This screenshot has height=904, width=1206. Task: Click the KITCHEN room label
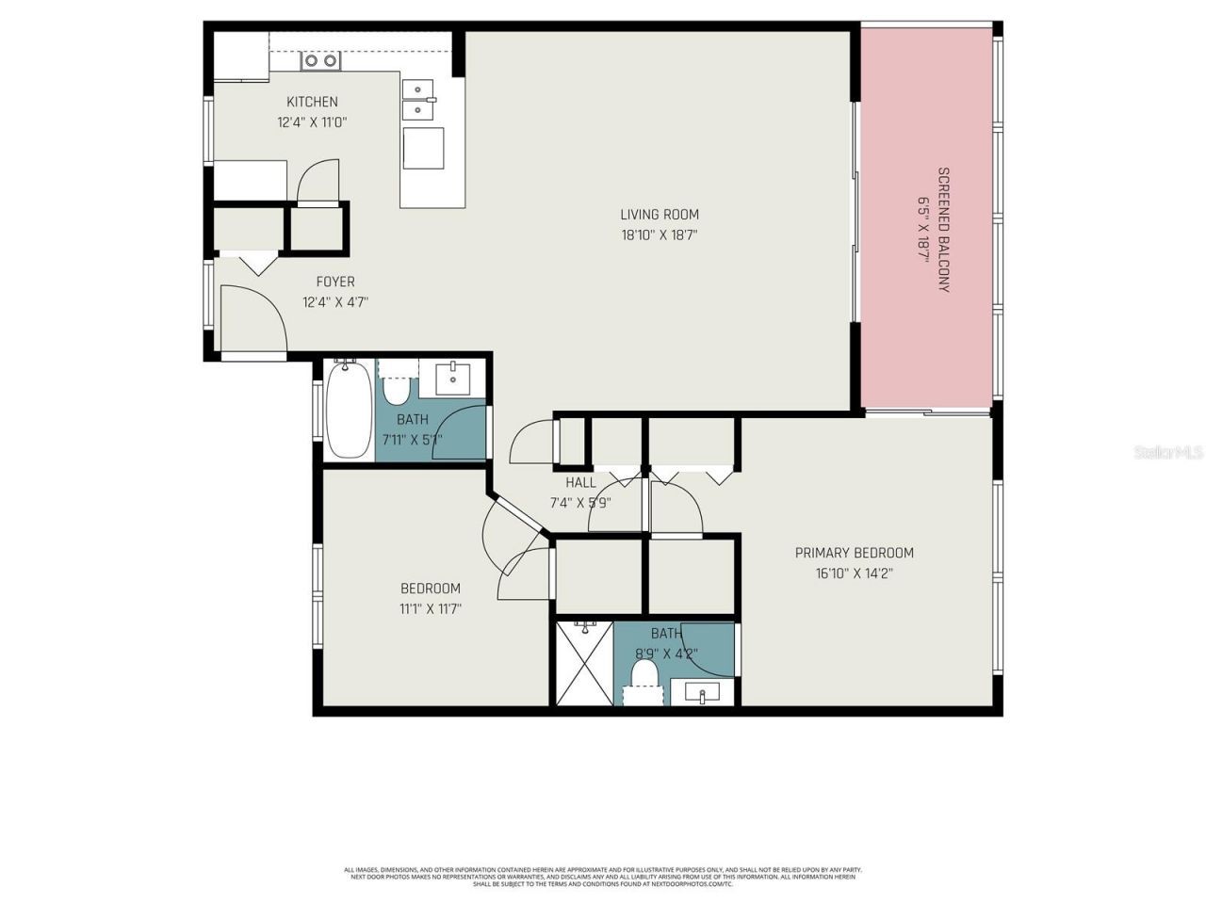point(312,102)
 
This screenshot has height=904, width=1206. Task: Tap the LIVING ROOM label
point(660,215)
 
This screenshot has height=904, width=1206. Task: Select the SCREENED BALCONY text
point(942,230)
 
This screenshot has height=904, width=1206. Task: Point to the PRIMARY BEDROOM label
point(854,553)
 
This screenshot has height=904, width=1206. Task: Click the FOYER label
point(335,282)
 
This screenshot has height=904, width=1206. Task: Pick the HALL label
point(580,482)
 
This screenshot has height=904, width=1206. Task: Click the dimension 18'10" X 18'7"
point(660,235)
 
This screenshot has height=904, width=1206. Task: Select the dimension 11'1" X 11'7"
point(430,608)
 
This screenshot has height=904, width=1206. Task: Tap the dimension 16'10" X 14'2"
point(854,573)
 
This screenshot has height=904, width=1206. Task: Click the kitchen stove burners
point(320,61)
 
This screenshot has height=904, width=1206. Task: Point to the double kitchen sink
point(419,101)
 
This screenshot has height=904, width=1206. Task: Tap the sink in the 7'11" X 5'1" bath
point(454,379)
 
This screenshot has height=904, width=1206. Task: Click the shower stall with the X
point(583,663)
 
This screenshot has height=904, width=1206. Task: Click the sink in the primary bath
point(702,693)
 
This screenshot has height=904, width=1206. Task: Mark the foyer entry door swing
point(253,318)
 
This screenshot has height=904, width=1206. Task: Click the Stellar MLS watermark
point(1168,453)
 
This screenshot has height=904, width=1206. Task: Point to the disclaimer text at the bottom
point(603,877)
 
